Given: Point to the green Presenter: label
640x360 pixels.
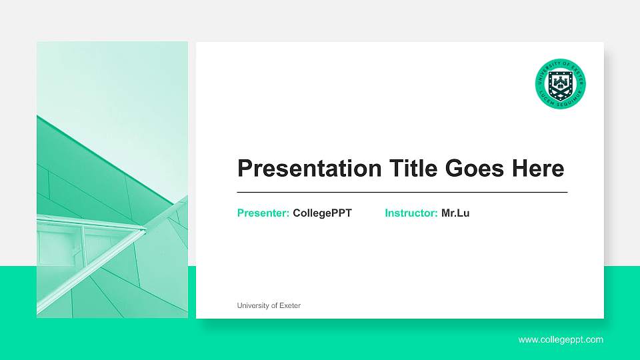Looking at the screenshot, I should tap(263, 213).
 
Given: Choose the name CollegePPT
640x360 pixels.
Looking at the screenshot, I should tap(322, 213).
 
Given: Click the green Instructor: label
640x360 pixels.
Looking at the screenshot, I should tap(411, 213).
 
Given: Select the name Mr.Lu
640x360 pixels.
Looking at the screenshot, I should tap(455, 213).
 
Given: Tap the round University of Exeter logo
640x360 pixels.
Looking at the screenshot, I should tap(561, 83).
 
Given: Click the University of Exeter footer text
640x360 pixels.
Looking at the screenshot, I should tap(269, 306).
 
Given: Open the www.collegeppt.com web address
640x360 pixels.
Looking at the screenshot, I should tap(561, 340).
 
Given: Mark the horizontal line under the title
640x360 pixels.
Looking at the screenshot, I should tap(402, 192).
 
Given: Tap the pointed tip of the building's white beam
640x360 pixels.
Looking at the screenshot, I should tap(144, 231).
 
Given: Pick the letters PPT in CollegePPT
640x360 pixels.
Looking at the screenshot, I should tap(341, 213).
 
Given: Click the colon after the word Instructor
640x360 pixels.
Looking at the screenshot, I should tap(436, 214).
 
